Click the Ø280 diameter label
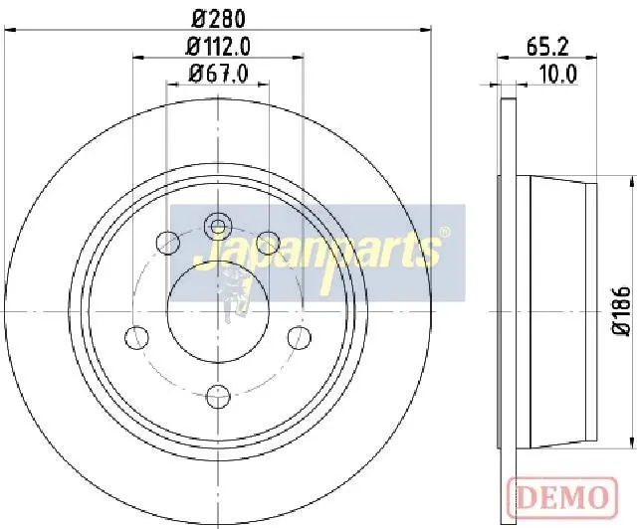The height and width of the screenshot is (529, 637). click(x=219, y=19)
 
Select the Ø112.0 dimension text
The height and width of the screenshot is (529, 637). click(x=218, y=47)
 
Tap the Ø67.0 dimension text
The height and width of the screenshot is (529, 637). click(x=219, y=74)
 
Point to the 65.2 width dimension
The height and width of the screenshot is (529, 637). click(x=547, y=47)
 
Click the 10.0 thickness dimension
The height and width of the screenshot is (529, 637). click(x=558, y=75)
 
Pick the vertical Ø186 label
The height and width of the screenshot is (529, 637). click(x=621, y=310)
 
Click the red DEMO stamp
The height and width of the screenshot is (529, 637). click(x=562, y=497)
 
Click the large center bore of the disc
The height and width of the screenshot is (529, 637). click(x=218, y=312)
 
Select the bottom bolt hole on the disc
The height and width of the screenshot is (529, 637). click(x=218, y=397)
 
